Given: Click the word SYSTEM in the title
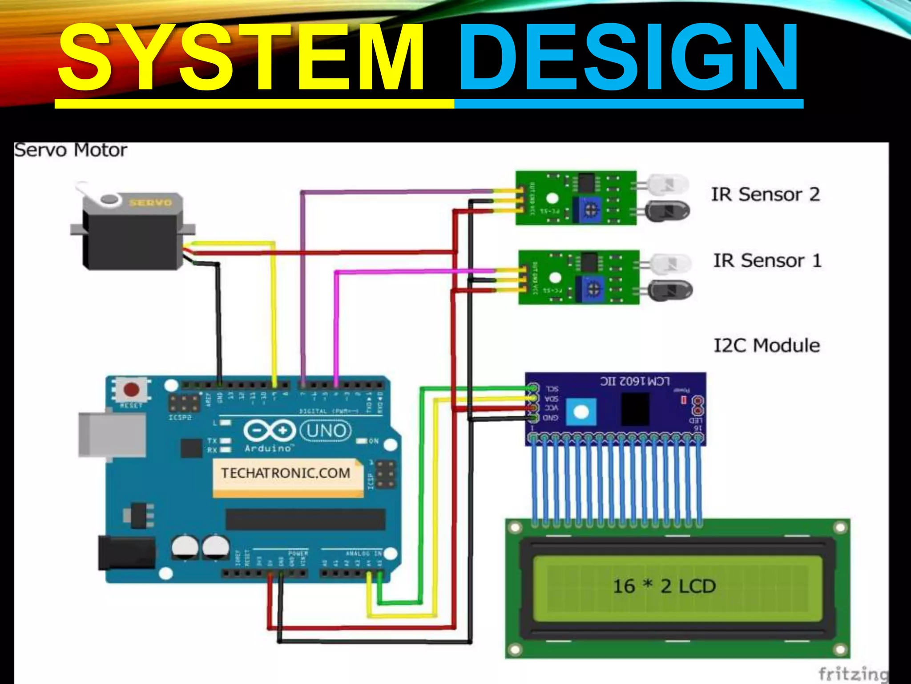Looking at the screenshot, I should point(240,58).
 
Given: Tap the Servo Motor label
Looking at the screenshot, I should point(70,150).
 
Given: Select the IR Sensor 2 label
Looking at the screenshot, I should point(765,195).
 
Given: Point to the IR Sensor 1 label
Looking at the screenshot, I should point(767,261).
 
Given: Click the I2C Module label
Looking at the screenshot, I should point(766,346).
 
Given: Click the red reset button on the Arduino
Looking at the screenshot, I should point(131,390).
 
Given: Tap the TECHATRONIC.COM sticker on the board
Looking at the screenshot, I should point(286,473).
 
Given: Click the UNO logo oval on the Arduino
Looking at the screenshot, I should point(326,431).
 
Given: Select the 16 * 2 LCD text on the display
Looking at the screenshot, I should point(664,586).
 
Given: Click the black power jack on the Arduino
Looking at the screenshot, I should point(126,553).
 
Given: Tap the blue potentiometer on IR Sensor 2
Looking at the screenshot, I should point(590,209).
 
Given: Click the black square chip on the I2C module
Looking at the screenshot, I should point(635,409).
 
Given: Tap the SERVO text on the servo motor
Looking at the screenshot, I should point(150,203).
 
